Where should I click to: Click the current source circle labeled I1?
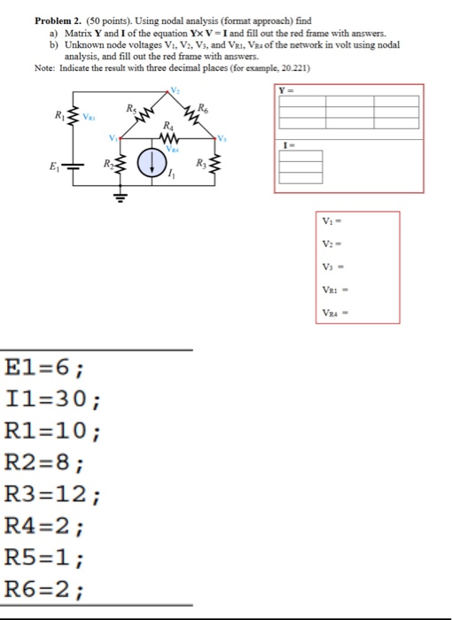point(156,162)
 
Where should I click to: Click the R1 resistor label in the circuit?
point(58,115)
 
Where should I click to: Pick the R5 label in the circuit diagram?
point(132,106)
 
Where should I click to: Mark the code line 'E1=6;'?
point(44,368)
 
